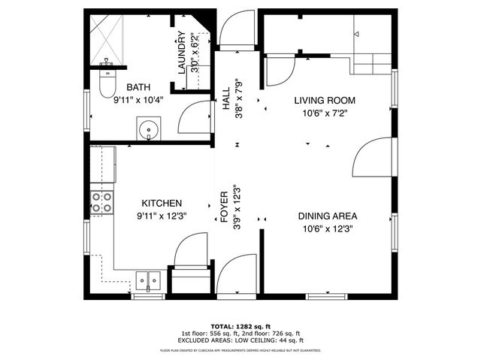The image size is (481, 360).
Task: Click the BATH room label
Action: pyautogui.click(x=138, y=87)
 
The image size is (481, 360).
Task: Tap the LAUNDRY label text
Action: pyautogui.click(x=180, y=52)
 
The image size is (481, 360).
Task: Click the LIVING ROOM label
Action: pyautogui.click(x=324, y=100)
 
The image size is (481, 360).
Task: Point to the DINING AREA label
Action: pyautogui.click(x=327, y=216)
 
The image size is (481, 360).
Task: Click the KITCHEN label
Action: pyautogui.click(x=162, y=203)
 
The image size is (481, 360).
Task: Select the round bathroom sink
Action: pyautogui.click(x=148, y=129)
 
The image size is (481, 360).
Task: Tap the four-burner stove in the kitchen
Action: pyautogui.click(x=101, y=201)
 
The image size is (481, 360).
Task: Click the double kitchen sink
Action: pyautogui.click(x=147, y=280)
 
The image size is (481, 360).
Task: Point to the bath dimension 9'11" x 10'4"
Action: pyautogui.click(x=138, y=99)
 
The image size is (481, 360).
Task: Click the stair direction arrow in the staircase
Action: pyautogui.click(x=357, y=34)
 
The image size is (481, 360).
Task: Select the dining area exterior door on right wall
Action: pyautogui.click(x=372, y=158)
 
